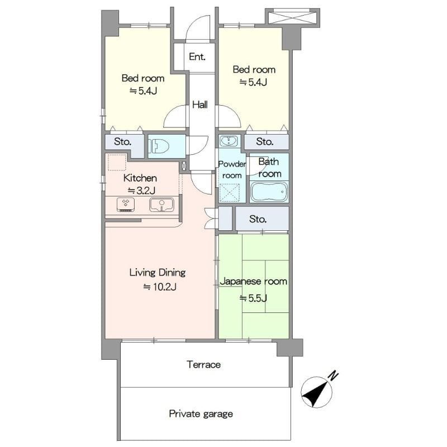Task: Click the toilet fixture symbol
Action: pos(160,146)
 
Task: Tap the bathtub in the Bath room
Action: pos(269,192)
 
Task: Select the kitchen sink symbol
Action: pos(161,205)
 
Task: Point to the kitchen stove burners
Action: pos(126,205)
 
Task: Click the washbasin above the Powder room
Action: pos(229,141)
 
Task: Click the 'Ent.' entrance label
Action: pos(197,56)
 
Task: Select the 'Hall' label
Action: pos(200,104)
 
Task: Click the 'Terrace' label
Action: pos(203,365)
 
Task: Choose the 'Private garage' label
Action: pos(201,413)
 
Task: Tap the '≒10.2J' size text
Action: pos(160,287)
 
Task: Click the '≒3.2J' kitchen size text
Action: pos(141,191)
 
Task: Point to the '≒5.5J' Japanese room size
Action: pos(253,298)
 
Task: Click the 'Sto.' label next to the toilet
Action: pos(122,141)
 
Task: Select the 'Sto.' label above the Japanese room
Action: pos(258,219)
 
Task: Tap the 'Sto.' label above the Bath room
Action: pos(265,141)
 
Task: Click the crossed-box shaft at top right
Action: pos(292,18)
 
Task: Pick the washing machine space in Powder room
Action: pos(230,192)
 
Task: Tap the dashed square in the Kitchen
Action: pos(117,162)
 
